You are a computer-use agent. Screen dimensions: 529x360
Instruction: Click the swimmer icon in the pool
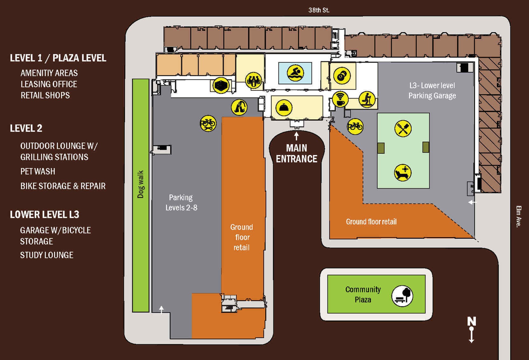[x=295, y=73]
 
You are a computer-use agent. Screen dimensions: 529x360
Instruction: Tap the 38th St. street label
[x=319, y=10]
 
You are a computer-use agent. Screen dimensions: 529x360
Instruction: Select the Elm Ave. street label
[x=519, y=216]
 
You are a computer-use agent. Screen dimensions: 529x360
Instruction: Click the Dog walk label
[x=141, y=184]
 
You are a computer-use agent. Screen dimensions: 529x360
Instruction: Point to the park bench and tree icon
[x=402, y=296]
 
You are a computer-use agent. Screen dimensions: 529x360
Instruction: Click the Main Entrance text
[x=296, y=153]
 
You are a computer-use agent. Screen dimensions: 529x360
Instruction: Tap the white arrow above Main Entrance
[x=296, y=136]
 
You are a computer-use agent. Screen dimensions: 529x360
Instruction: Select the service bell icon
[x=284, y=108]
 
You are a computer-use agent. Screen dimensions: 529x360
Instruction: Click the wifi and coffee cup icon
[x=340, y=99]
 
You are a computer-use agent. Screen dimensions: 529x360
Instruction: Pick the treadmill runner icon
[x=367, y=99]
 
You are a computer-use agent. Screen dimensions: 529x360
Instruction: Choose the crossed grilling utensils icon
[x=403, y=129]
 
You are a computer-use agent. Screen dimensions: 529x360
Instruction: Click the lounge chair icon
[x=403, y=173]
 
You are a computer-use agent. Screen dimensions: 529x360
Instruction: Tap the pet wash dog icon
[x=239, y=107]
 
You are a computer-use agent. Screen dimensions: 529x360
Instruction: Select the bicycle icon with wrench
[x=208, y=123]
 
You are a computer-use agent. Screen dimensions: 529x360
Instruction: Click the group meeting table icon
[x=254, y=81]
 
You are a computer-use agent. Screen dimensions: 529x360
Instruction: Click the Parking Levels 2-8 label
[x=181, y=202]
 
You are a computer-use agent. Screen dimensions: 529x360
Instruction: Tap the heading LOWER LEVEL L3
[x=45, y=215]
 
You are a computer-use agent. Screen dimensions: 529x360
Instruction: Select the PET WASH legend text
[x=38, y=171]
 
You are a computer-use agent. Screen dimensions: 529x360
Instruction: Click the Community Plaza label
[x=363, y=294]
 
